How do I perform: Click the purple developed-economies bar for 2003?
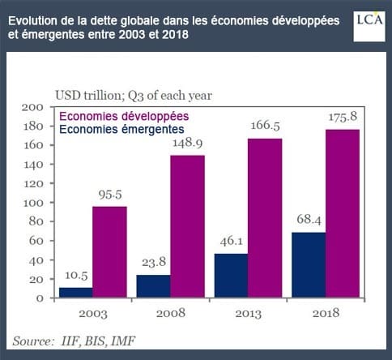(x=109, y=252)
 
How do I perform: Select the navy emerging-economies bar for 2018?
(x=309, y=265)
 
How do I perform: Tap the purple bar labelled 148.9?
(x=188, y=226)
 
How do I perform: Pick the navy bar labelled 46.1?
(x=231, y=276)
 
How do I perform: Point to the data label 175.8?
(x=343, y=117)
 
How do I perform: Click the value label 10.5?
(x=76, y=276)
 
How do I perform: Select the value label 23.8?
(x=154, y=262)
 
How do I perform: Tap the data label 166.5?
(x=265, y=126)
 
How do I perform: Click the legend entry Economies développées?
(x=124, y=116)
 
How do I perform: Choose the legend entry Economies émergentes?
(x=121, y=129)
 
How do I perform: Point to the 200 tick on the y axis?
(x=32, y=107)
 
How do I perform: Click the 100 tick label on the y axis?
(x=33, y=203)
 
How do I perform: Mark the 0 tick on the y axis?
(x=40, y=298)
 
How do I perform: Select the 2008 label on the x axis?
(x=171, y=313)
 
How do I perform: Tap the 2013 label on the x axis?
(x=248, y=314)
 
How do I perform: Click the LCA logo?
(x=369, y=26)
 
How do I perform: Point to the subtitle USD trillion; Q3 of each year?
(x=134, y=96)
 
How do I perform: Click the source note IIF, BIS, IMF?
(x=98, y=341)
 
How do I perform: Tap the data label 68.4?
(x=309, y=220)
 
